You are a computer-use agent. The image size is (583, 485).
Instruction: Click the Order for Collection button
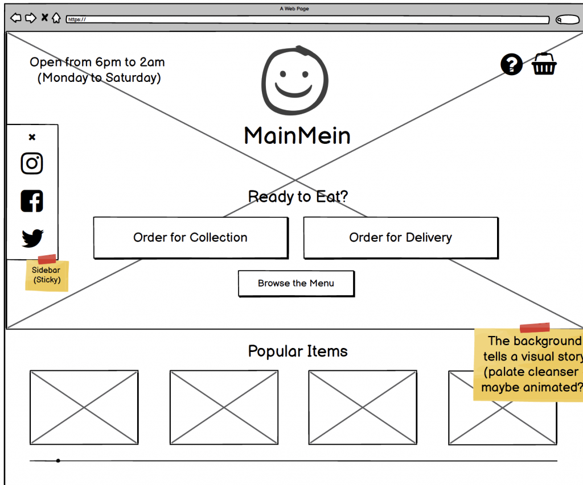(x=190, y=238)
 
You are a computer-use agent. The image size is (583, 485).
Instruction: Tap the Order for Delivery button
(x=400, y=238)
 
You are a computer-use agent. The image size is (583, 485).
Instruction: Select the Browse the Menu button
(x=295, y=283)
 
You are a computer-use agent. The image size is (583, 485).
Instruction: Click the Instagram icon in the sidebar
(x=32, y=164)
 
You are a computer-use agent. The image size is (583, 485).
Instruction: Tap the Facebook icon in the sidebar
(x=32, y=201)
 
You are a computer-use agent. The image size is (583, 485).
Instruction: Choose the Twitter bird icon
(x=32, y=238)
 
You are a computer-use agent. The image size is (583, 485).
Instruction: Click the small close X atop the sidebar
(x=32, y=137)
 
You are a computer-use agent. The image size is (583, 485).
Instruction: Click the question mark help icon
(x=511, y=64)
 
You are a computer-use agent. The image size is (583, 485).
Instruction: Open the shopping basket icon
(x=544, y=64)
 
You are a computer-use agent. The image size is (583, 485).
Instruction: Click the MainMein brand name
(x=297, y=136)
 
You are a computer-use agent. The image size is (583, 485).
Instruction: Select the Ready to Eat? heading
(x=298, y=197)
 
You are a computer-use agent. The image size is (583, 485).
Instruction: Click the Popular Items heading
(x=298, y=351)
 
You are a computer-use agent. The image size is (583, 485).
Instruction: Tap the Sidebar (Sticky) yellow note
(x=47, y=276)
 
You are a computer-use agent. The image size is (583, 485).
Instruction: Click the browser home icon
(x=56, y=18)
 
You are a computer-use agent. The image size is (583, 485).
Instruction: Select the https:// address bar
(x=307, y=19)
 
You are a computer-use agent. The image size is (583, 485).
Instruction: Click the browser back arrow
(x=16, y=18)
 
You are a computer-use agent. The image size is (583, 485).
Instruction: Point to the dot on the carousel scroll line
(x=58, y=461)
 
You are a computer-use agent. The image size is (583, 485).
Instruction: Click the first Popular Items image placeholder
(x=84, y=407)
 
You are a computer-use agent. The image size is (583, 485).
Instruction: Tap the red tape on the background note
(x=535, y=328)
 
